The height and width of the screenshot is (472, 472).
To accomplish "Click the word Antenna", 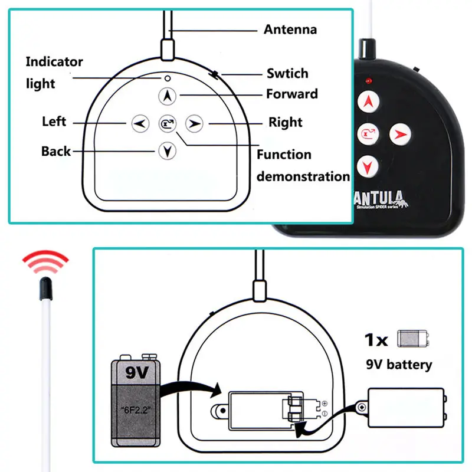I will pos(290,29).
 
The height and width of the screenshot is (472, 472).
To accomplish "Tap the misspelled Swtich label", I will pos(287,74).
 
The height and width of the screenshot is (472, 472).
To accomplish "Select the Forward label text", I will pos(291,94).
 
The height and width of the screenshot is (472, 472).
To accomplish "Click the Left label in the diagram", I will pos(54,122).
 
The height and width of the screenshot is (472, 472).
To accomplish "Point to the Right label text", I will pos(285,123).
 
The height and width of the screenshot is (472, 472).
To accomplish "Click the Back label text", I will pos(56,151).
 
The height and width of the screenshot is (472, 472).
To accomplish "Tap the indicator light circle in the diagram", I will pos(168,77).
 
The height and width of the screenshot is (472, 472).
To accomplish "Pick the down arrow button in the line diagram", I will pos(168,151).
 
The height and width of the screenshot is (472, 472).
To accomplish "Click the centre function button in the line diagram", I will pos(168,123).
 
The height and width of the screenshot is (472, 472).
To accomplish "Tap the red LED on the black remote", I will pos(368,80).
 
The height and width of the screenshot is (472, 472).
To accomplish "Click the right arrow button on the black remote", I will pos(399,133).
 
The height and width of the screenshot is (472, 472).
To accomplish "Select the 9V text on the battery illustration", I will pos(135,373).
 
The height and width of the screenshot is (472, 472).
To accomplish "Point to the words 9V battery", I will pos(400,364).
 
